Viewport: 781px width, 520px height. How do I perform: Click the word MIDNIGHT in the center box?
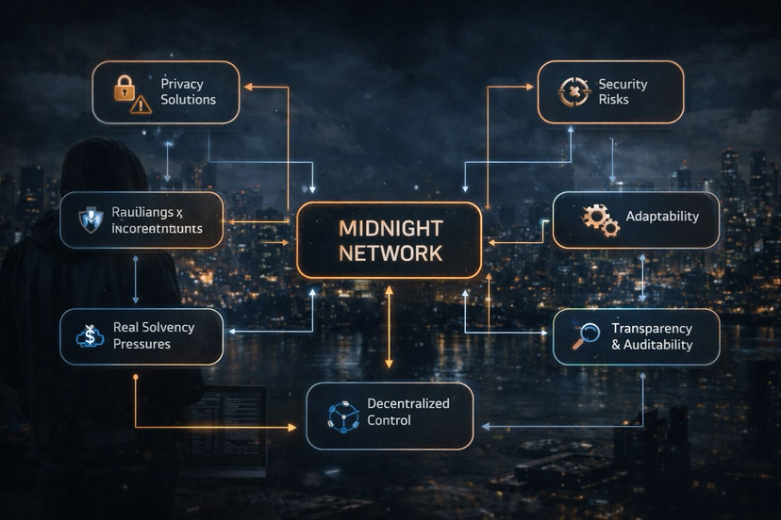389,229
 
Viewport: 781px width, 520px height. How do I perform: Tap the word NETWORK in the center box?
389,253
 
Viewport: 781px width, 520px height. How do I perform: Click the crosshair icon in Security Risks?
570,92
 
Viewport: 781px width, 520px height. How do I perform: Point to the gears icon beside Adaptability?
600,219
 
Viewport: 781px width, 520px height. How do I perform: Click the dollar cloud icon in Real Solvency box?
89,335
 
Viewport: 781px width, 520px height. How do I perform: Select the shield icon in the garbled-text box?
90,219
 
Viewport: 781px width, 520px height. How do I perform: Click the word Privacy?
181,84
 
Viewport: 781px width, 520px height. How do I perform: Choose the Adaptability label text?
662,217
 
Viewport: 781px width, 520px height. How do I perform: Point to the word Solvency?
169,327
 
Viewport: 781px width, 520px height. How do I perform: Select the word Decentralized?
407,403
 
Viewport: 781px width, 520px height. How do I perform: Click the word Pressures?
141,344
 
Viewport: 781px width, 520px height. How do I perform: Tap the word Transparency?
652,328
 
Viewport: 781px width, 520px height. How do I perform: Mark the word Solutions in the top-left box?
188,100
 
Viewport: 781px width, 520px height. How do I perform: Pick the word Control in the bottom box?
390,420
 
